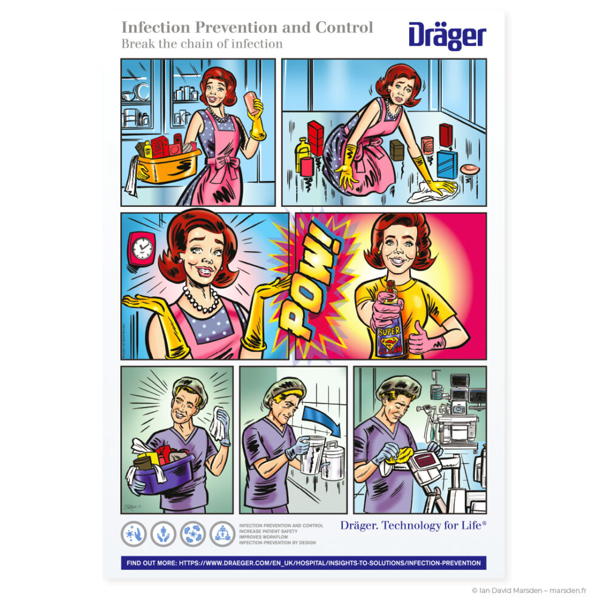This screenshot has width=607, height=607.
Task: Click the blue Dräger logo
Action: (447, 36)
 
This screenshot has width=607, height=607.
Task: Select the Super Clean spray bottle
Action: (388, 322)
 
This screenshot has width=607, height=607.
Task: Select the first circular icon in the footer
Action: (133, 534)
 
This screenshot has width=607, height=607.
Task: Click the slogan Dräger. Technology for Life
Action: (413, 526)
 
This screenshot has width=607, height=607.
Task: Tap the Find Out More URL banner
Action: (303, 563)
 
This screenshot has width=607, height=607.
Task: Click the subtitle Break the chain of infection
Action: (202, 44)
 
